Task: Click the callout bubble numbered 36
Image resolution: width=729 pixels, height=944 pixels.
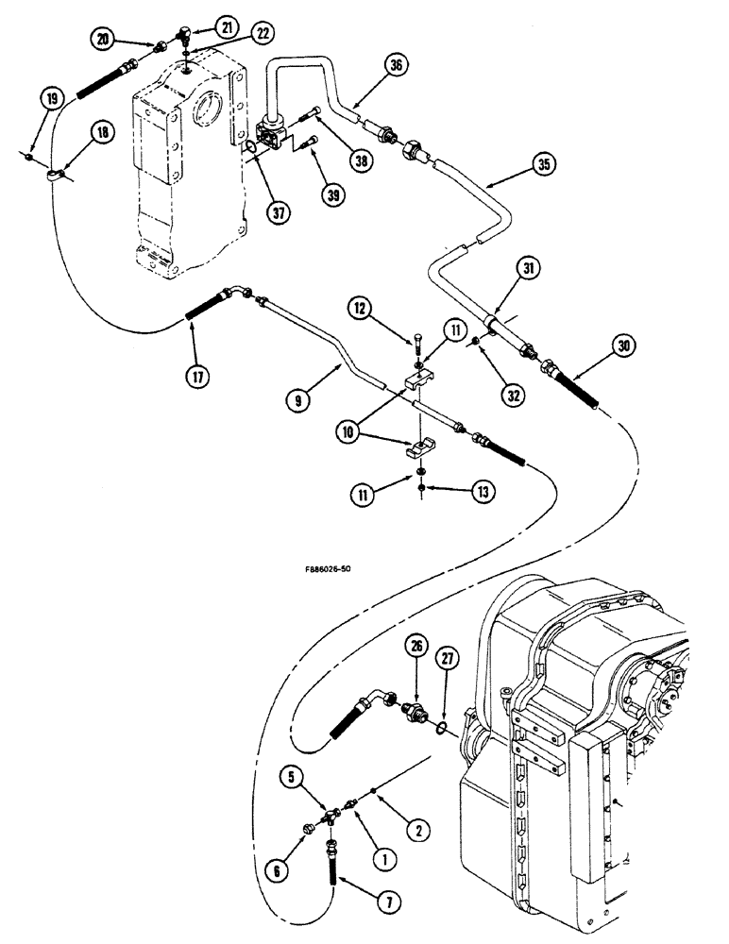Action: point(398,64)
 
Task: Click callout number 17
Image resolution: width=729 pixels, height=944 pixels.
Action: point(195,375)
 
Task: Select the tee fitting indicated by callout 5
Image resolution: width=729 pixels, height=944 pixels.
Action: point(331,811)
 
